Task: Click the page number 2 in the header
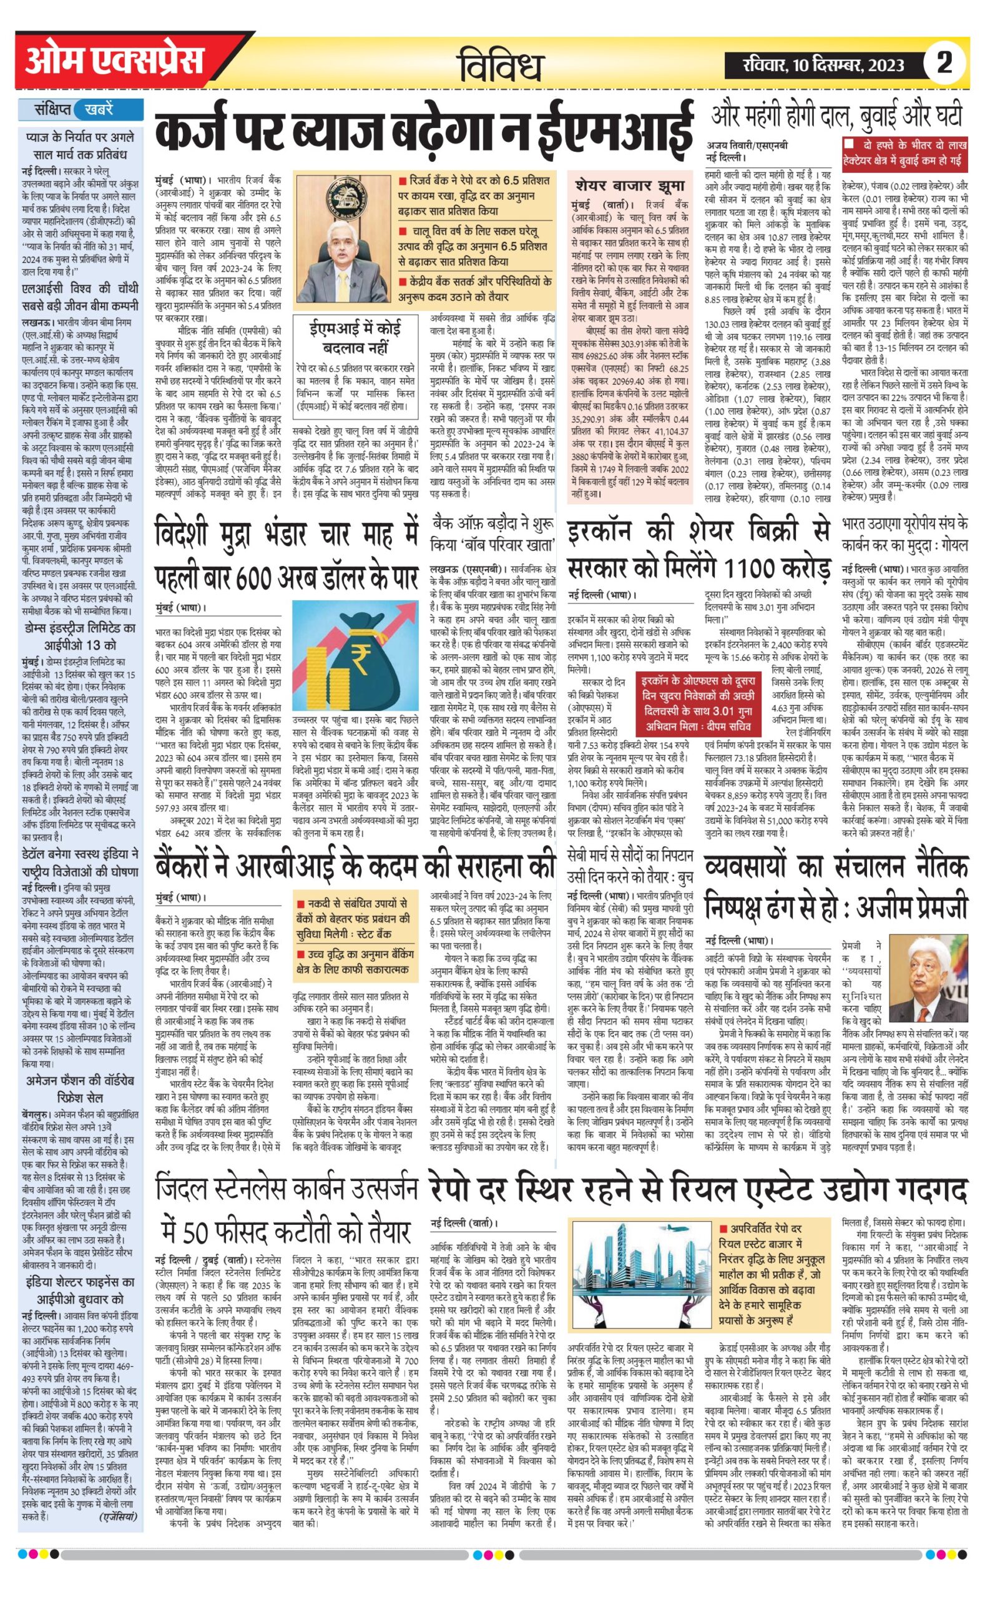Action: click(x=944, y=62)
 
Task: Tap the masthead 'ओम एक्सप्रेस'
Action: click(x=114, y=62)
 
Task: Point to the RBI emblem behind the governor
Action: click(x=341, y=198)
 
